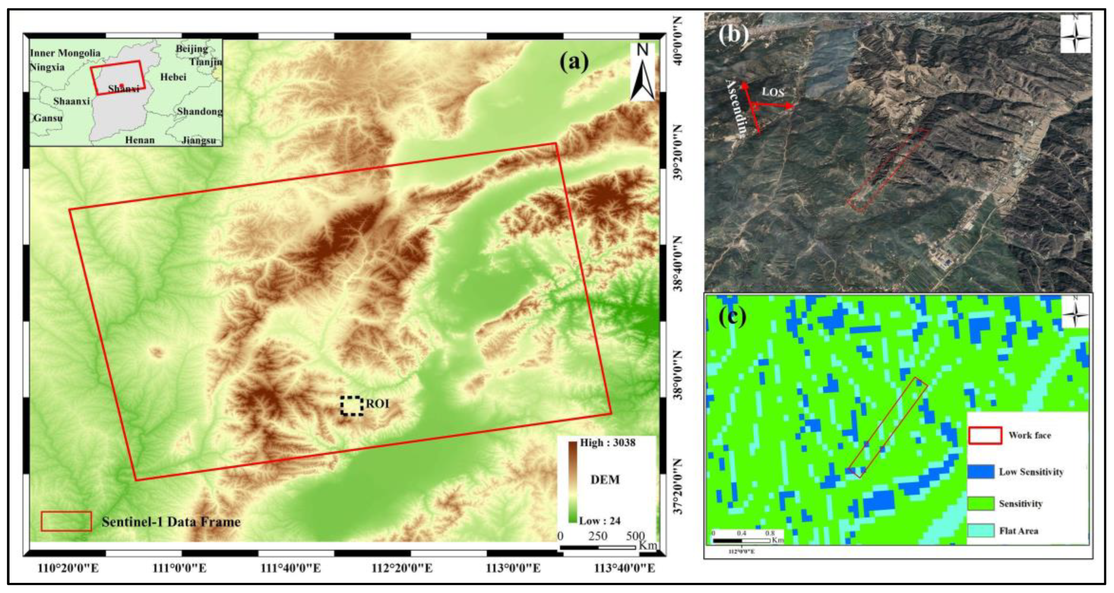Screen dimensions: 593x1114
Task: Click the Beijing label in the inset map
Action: (x=192, y=49)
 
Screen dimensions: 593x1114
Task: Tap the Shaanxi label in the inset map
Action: (x=71, y=101)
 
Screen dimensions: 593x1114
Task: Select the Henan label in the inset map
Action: (x=140, y=140)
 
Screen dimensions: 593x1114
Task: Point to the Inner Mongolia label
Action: (x=65, y=53)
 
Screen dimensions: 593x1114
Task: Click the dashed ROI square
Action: (x=352, y=406)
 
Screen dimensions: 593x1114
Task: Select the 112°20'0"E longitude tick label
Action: (x=402, y=568)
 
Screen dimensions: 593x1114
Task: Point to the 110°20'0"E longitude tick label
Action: (x=68, y=568)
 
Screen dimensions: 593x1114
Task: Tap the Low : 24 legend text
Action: (x=599, y=521)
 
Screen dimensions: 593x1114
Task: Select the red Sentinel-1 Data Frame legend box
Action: (x=66, y=521)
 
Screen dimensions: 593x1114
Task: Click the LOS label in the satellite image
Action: (x=773, y=92)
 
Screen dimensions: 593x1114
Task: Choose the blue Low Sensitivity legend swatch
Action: (x=980, y=471)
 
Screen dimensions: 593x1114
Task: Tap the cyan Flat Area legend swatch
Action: (x=980, y=531)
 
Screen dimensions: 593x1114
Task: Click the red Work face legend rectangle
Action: (x=985, y=436)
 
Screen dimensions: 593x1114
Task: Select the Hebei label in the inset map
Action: (x=173, y=77)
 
